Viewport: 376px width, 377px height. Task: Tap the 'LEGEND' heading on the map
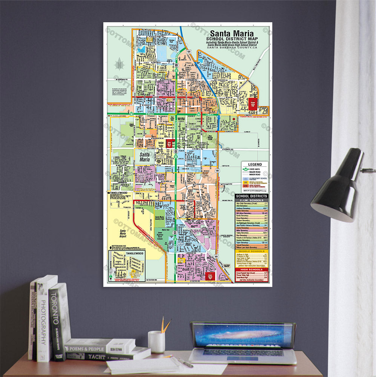tap(255, 165)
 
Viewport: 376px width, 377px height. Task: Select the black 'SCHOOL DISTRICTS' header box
tap(252, 196)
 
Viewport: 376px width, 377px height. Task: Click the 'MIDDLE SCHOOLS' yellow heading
tap(252, 251)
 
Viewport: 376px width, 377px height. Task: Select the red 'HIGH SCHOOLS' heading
tap(252, 270)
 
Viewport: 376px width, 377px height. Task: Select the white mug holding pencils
tap(156, 342)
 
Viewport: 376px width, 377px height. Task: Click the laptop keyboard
tap(243, 353)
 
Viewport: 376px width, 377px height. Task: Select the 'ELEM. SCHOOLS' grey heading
tap(252, 200)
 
